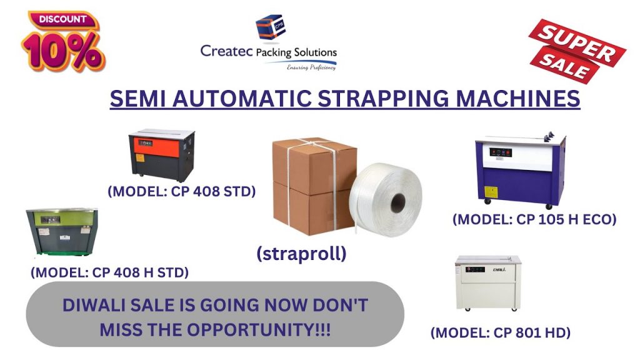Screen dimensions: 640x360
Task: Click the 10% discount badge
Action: click(x=63, y=42)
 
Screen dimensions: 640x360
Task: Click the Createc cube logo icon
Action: click(x=270, y=27)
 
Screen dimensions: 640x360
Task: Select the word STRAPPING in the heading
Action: click(x=384, y=99)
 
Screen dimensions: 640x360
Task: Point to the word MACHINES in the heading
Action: click(x=517, y=99)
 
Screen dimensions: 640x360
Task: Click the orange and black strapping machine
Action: click(x=162, y=155)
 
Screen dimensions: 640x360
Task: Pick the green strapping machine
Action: click(x=62, y=231)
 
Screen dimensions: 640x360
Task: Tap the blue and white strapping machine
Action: click(x=521, y=171)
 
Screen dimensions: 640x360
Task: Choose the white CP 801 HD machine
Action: click(x=488, y=283)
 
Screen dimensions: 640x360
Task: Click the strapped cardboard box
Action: click(x=314, y=186)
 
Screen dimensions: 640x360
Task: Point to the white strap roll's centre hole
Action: click(x=398, y=203)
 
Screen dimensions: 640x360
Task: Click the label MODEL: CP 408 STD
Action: click(x=182, y=191)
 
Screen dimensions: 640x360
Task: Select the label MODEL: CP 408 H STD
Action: click(x=110, y=272)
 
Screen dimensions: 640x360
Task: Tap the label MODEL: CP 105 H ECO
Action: click(x=534, y=219)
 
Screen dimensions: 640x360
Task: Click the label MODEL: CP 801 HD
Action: click(x=501, y=332)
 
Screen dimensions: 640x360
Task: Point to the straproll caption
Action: click(x=301, y=254)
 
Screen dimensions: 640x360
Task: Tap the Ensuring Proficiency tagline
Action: click(x=311, y=67)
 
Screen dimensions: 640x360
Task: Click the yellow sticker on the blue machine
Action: click(x=490, y=192)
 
